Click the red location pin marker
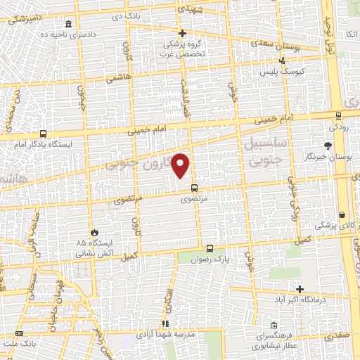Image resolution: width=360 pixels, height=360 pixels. pos(181,165)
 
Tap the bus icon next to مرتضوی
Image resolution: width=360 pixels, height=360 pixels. pos(195,187)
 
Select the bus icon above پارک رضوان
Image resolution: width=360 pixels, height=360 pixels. pos(209,247)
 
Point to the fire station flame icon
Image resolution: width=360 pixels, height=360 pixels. pos(94,231)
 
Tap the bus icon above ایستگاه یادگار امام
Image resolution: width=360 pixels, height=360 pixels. pos(44,134)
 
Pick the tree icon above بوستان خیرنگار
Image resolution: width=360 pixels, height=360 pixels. pos(328,146)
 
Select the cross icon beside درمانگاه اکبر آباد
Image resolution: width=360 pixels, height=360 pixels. pos(300,289)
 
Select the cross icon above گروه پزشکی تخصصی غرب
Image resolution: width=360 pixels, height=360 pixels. pos(182,33)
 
